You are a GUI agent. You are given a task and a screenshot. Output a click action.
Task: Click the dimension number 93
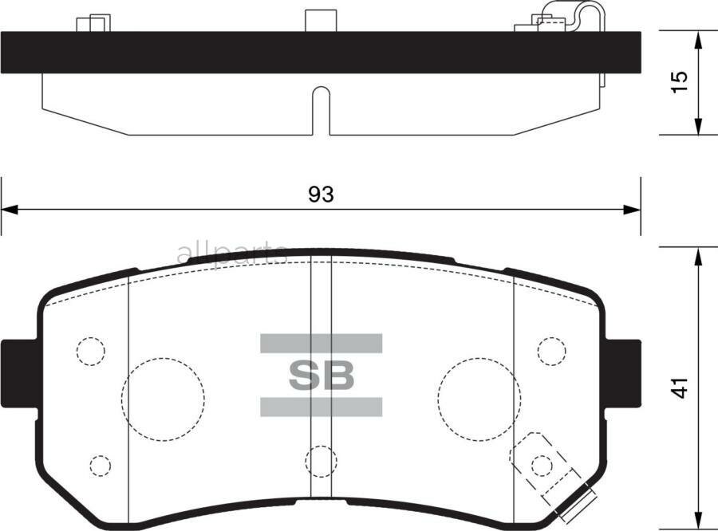320,194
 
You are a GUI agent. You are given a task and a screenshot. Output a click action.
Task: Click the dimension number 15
678,83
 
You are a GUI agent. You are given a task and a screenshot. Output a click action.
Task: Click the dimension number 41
679,388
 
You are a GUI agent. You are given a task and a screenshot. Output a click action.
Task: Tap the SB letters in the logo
321,376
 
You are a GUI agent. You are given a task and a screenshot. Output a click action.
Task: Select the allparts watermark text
231,254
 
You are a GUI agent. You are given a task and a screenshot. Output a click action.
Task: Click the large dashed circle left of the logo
163,395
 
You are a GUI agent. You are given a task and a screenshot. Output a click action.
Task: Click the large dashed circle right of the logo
478,395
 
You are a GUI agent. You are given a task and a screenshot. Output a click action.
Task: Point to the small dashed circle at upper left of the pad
91,351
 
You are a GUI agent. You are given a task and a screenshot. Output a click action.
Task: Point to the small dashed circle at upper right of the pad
551,351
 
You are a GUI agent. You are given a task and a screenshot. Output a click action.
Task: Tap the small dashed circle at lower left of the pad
100,464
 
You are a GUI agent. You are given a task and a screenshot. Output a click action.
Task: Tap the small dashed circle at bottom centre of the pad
321,460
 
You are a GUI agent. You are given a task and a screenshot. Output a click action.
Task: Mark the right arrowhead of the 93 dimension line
633,210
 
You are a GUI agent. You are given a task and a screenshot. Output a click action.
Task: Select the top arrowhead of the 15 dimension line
699,38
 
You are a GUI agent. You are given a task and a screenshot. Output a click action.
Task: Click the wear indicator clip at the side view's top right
568,16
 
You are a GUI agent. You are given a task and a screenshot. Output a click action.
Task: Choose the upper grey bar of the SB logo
321,344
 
